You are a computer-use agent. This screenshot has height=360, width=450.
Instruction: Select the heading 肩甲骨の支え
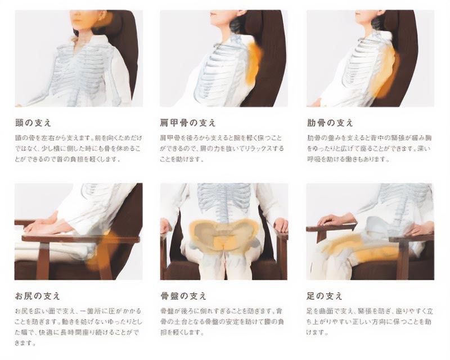tap(187, 123)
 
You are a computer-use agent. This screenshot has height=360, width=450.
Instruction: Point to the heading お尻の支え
tap(38, 296)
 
